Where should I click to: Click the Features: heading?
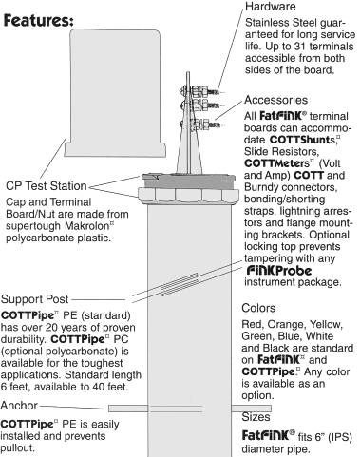[39, 20]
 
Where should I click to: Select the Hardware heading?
[271, 7]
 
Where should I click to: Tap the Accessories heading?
[275, 100]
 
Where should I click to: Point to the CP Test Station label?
[47, 185]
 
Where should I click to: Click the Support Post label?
[34, 299]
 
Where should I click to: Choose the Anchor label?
[19, 406]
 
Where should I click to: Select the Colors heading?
[258, 308]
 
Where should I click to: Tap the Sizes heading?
[256, 417]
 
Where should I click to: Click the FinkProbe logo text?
[279, 270]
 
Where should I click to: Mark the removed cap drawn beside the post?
[115, 93]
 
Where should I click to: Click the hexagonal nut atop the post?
[188, 194]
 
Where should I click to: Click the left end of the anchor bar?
[109, 409]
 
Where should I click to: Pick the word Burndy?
[261, 187]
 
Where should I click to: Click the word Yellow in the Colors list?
[327, 324]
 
